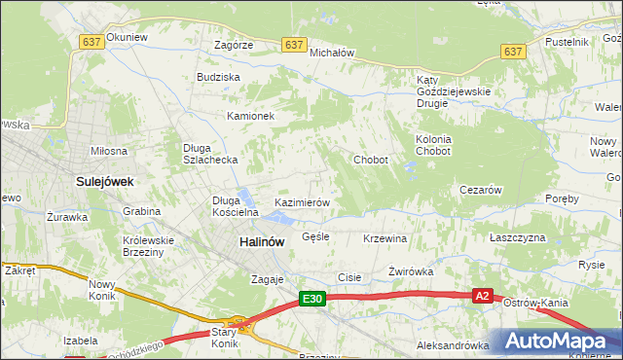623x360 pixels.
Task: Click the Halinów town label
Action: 261,243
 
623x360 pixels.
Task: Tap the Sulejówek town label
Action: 104,181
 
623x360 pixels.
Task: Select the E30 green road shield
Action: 311,299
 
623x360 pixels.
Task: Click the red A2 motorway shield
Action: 483,296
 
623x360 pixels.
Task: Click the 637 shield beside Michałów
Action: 294,45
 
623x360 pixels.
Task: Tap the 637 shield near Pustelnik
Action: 512,51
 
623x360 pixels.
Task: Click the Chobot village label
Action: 371,160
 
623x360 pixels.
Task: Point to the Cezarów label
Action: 479,191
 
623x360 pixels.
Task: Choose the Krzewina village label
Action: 385,238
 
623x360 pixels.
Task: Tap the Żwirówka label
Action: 410,271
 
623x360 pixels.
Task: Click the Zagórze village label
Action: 234,45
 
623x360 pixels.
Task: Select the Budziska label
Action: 218,76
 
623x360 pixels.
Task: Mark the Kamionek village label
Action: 251,116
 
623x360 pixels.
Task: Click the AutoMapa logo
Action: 556,342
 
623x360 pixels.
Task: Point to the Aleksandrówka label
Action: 452,344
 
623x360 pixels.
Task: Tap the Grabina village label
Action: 141,210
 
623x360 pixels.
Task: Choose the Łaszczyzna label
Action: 517,237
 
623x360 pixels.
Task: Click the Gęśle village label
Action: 316,236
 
